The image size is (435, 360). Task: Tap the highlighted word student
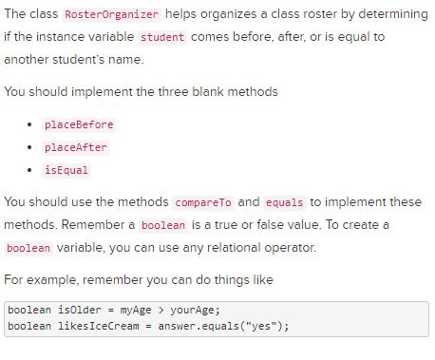(161, 37)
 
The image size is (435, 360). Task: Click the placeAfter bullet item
(75, 147)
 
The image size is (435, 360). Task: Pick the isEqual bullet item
(66, 170)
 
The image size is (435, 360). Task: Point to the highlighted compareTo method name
(203, 202)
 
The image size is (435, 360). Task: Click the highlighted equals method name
(284, 202)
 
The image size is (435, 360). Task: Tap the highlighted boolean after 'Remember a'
(163, 225)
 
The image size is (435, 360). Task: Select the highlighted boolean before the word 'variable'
(28, 247)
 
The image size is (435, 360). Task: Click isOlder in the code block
(75, 311)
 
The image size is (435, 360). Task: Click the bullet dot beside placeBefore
(33, 125)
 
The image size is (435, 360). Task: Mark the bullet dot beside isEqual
(33, 170)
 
